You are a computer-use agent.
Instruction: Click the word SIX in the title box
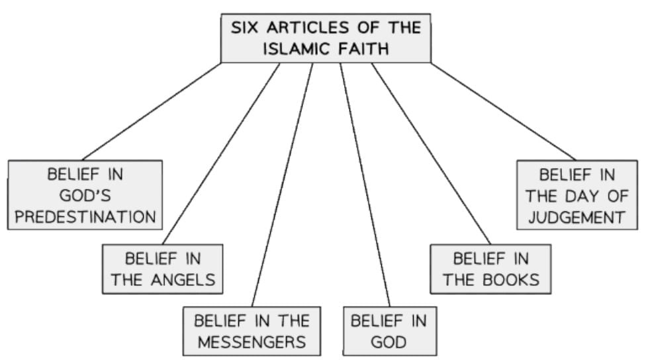click(244, 28)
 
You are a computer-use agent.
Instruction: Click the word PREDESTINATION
click(85, 217)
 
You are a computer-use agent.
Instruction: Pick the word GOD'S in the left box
click(85, 196)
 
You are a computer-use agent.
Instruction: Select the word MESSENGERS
click(252, 342)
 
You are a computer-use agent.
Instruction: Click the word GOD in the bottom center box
click(388, 342)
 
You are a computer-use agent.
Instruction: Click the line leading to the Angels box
click(221, 154)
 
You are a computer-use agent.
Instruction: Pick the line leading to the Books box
click(431, 154)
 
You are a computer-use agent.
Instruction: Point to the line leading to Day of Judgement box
click(503, 111)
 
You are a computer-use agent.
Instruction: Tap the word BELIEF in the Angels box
click(154, 258)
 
